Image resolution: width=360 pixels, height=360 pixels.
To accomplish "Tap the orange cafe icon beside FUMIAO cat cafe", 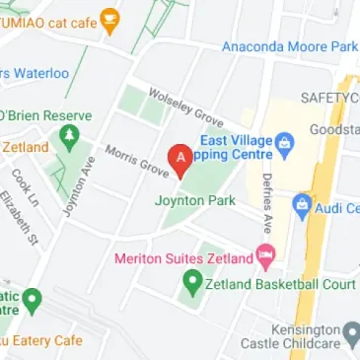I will click(112, 18).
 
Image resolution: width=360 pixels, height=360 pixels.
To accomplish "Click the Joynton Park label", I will click(195, 201).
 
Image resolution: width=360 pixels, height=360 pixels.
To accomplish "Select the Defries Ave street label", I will click(266, 202).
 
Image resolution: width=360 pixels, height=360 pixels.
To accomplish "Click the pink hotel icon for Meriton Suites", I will click(264, 258).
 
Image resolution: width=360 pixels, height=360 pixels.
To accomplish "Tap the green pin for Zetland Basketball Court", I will click(193, 284).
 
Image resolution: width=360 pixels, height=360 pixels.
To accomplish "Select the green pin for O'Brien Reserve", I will click(69, 138).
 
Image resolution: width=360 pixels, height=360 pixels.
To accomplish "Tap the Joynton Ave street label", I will click(72, 190).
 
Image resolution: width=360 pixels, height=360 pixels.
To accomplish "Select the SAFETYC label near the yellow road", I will click(329, 98).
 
